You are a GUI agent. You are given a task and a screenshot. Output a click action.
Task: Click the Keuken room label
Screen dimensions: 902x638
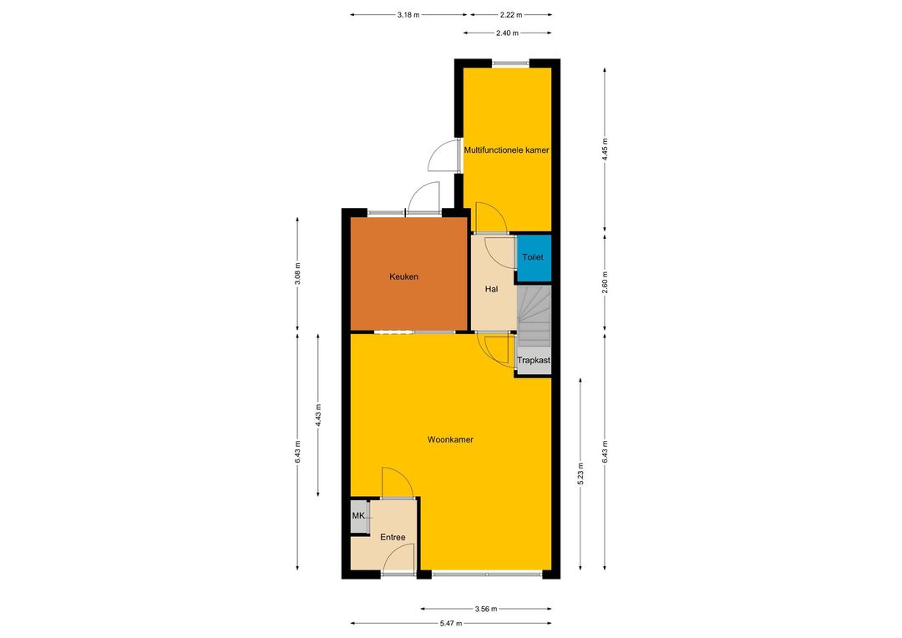point(403,276)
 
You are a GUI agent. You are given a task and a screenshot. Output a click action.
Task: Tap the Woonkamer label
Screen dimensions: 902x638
point(450,439)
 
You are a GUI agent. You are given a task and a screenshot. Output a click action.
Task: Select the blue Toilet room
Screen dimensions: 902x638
point(533,257)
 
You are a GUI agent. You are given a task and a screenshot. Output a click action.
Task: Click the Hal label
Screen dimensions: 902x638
point(491,290)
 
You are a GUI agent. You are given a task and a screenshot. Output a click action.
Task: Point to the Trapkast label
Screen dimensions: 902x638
point(534,361)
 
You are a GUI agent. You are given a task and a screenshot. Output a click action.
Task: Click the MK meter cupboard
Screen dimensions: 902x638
point(359,515)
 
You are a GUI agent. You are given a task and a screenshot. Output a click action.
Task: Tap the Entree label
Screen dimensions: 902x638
point(393,537)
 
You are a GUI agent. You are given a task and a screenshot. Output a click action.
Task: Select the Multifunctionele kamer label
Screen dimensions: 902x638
point(507,150)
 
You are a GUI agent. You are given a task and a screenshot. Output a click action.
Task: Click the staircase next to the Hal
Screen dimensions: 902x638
point(535,316)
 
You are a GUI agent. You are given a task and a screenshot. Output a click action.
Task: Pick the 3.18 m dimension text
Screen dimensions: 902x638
point(408,15)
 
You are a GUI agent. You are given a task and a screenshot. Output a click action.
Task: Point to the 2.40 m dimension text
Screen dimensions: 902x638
point(508,33)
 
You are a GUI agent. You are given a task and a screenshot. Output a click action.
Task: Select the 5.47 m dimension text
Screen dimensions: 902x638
point(451,623)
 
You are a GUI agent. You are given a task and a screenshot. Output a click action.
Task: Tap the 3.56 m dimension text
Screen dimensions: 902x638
point(486,609)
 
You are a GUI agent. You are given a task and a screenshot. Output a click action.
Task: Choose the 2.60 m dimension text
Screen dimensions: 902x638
point(605,282)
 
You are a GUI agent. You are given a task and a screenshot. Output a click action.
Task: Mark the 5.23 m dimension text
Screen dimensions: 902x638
point(580,473)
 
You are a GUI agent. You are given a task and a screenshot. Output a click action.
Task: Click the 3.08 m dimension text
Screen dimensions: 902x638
point(297,274)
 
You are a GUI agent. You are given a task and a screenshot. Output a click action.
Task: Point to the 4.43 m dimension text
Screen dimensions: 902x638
point(318,415)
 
